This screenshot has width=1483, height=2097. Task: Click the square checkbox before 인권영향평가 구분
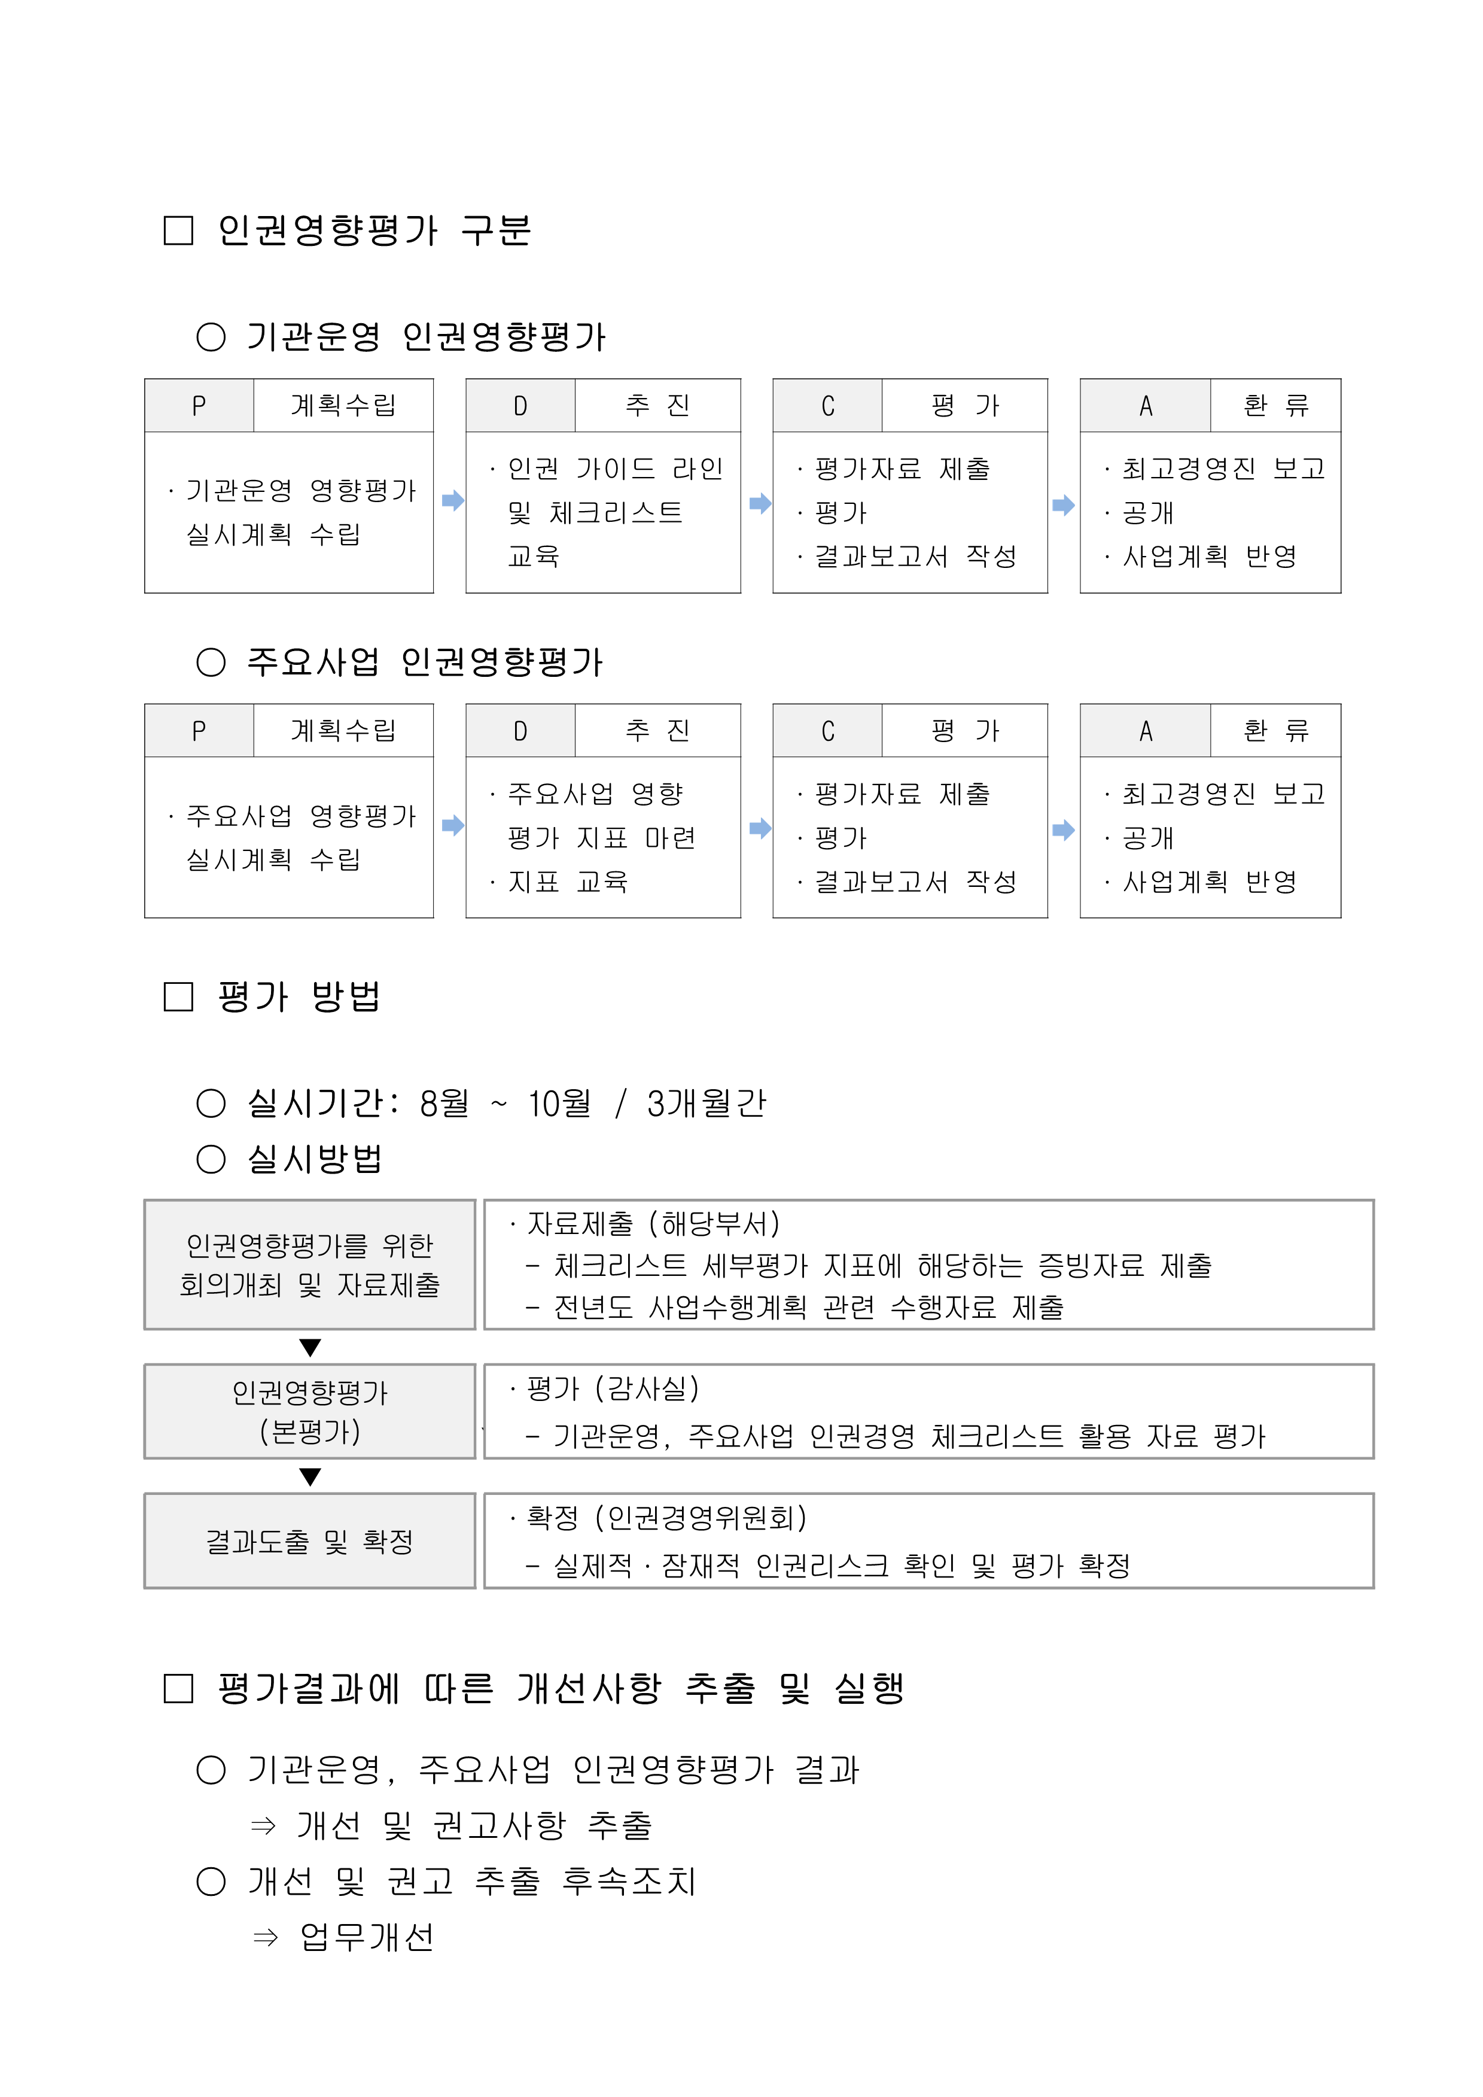pyautogui.click(x=178, y=230)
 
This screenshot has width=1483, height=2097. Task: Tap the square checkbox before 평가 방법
pyautogui.click(x=178, y=996)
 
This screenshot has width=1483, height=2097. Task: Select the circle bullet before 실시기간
pyautogui.click(x=211, y=1104)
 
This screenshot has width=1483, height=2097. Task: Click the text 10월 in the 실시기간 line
pyautogui.click(x=559, y=1104)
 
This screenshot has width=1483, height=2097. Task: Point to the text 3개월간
pyautogui.click(x=706, y=1104)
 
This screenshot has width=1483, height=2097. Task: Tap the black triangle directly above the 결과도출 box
pyautogui.click(x=310, y=1477)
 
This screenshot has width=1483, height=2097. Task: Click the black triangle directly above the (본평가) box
pyautogui.click(x=310, y=1347)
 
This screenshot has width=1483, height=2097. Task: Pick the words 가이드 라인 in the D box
pyautogui.click(x=649, y=469)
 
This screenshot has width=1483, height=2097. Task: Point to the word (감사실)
pyautogui.click(x=647, y=1389)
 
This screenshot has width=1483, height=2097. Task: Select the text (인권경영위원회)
pyautogui.click(x=701, y=1518)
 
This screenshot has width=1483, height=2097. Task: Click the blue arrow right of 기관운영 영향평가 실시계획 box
pyautogui.click(x=453, y=500)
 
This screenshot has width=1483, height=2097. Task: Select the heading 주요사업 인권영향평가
pyautogui.click(x=425, y=662)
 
